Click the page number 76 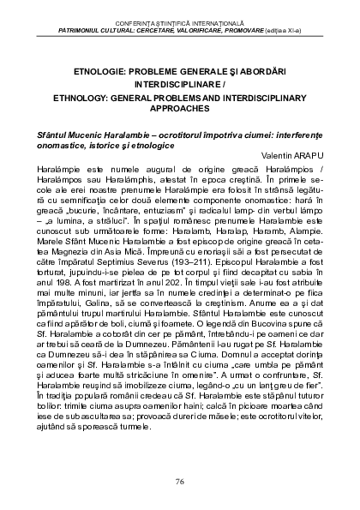[179, 481]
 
